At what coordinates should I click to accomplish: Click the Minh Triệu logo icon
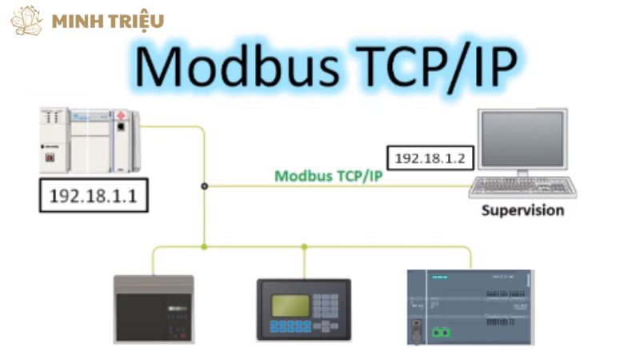coord(26,20)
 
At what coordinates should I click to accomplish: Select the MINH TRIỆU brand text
coord(108,21)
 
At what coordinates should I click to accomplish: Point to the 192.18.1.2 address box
coord(429,158)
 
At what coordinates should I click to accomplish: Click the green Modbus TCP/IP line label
coord(328,175)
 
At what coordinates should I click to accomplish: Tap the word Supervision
coord(522,211)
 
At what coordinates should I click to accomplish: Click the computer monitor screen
coord(523,138)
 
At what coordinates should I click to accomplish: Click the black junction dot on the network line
coord(205,186)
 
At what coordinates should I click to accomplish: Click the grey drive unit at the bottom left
coord(154,308)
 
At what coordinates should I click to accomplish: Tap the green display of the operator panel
coord(290,305)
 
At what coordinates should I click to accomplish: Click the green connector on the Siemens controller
coord(438,330)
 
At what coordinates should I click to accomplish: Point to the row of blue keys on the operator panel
coord(290,326)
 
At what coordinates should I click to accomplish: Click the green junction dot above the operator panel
coord(304,246)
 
